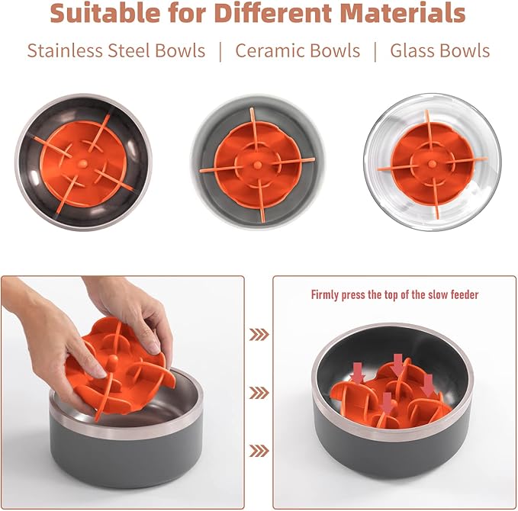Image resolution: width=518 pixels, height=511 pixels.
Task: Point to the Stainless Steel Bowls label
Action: click(x=116, y=51)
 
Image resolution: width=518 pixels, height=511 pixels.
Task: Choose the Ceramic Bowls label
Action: click(x=298, y=51)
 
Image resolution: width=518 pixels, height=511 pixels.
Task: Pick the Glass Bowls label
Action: click(x=440, y=51)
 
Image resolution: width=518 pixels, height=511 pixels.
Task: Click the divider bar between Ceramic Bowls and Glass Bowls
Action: click(x=375, y=51)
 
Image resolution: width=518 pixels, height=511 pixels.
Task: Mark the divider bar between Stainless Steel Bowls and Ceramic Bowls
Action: click(x=220, y=51)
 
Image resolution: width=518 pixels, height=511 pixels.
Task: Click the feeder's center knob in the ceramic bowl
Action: click(x=256, y=162)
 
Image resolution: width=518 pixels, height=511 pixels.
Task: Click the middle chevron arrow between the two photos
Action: click(x=259, y=392)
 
